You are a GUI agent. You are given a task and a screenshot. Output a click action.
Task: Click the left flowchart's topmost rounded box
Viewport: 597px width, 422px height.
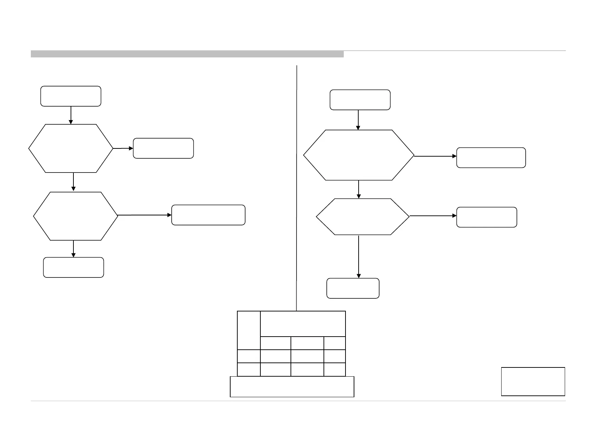(71, 96)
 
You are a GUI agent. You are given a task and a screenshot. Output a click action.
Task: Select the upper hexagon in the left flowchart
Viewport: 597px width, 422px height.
(71, 148)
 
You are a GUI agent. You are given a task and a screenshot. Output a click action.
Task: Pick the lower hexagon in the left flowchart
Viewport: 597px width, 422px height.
(76, 216)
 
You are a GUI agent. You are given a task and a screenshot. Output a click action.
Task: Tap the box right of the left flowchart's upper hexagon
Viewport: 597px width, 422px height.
(163, 148)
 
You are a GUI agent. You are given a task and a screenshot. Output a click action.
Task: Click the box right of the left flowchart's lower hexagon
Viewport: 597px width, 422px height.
(208, 215)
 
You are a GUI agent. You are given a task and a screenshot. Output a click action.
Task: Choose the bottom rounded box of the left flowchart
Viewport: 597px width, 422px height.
(73, 267)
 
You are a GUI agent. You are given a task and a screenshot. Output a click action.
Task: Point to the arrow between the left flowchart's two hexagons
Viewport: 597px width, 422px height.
(73, 182)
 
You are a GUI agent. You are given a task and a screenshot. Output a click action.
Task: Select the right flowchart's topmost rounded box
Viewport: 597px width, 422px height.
(360, 100)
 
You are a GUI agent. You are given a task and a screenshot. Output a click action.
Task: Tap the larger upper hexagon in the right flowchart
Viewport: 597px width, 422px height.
(359, 155)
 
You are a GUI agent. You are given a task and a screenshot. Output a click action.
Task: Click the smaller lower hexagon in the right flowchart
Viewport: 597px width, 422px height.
(363, 216)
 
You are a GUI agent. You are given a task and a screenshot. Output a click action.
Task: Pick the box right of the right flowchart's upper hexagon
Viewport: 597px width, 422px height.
(491, 158)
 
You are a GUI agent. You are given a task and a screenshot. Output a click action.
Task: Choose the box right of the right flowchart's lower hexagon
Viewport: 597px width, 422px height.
(486, 217)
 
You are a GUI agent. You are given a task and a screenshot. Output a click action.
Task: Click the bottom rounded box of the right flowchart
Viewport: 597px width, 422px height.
(353, 288)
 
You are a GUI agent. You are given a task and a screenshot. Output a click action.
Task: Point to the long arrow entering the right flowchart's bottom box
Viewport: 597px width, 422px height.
(359, 257)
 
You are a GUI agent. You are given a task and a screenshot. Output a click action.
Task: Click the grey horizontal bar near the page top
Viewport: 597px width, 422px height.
(187, 54)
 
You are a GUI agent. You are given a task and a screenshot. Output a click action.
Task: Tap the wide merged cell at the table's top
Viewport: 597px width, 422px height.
(303, 324)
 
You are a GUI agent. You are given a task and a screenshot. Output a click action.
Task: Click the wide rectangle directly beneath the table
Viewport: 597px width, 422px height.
(292, 387)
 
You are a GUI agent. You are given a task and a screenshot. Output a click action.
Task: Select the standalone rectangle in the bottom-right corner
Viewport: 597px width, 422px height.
(533, 381)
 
